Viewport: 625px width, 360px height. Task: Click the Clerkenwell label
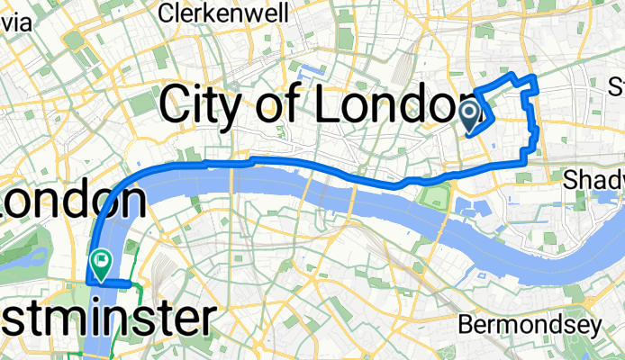point(224,13)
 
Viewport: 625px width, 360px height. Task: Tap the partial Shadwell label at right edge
point(594,182)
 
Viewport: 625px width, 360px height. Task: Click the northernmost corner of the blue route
point(512,74)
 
